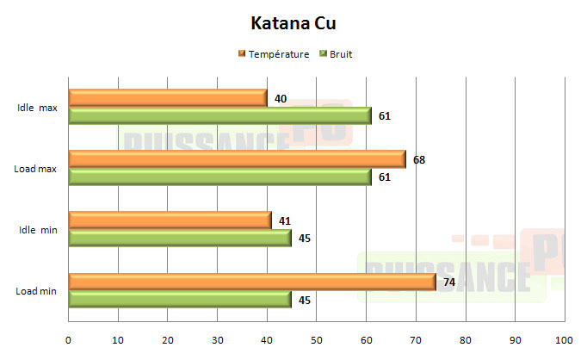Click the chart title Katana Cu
(x=293, y=22)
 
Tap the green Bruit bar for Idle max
(x=219, y=116)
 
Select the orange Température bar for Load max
(x=237, y=159)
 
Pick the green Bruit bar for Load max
(x=219, y=177)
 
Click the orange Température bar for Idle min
(x=170, y=220)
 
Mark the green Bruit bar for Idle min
(x=179, y=238)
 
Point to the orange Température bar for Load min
(x=251, y=282)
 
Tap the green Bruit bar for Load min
(x=179, y=299)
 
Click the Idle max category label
(x=36, y=109)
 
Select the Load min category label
(x=36, y=291)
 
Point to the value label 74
(x=449, y=282)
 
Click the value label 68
(x=419, y=159)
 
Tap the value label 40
(x=281, y=99)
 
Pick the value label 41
(x=285, y=220)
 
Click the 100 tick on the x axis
(x=565, y=340)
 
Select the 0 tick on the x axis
(x=68, y=340)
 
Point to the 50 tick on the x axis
(x=316, y=340)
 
